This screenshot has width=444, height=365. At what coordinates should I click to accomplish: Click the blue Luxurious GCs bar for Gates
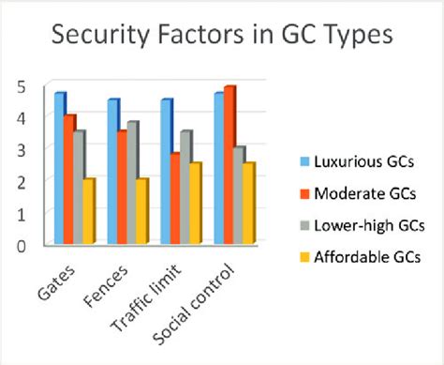59,169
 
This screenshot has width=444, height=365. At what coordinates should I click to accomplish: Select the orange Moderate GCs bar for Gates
69,180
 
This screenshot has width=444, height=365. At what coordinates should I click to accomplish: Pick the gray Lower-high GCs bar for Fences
133,184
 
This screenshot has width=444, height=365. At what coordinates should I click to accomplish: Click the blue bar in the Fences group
112,173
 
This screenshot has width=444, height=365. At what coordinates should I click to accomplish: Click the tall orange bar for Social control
229,165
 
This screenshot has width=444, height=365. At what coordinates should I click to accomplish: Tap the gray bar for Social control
239,196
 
